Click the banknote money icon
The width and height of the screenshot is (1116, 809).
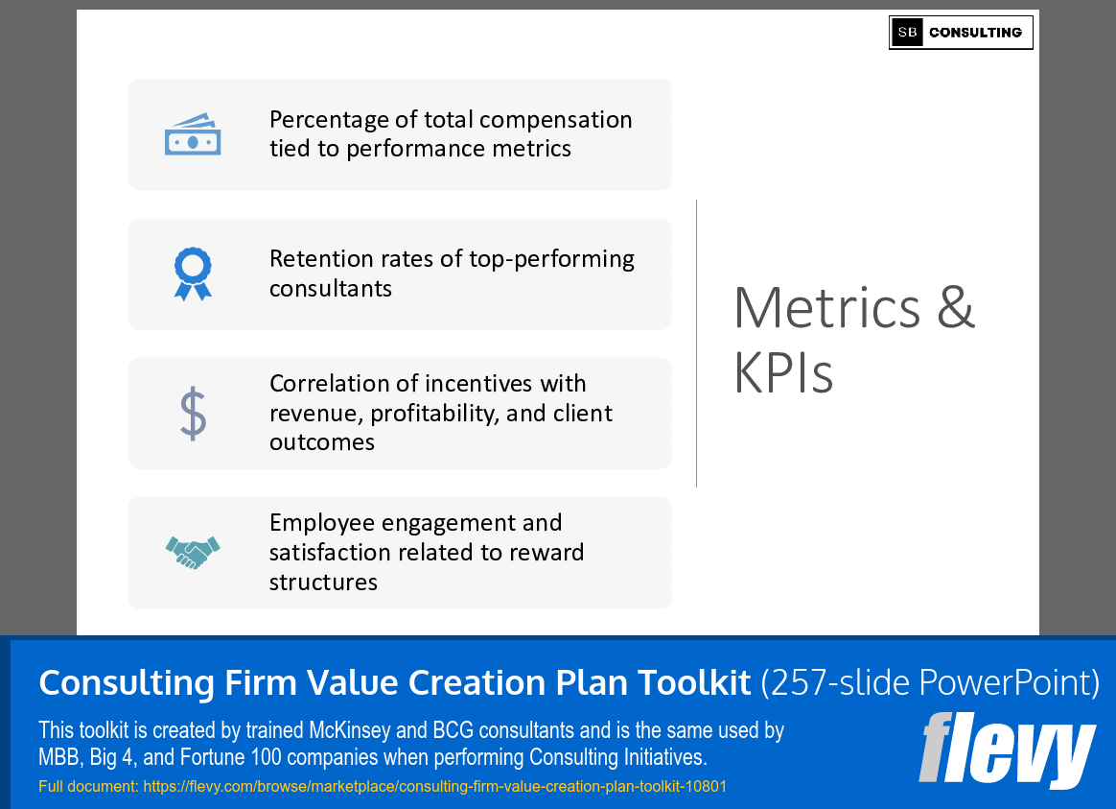pyautogui.click(x=193, y=134)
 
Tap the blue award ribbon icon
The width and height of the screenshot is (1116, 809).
pyautogui.click(x=193, y=274)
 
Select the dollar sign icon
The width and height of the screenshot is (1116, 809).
pyautogui.click(x=193, y=413)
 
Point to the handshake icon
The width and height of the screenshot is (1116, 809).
pyautogui.click(x=193, y=553)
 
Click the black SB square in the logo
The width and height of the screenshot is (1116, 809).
pyautogui.click(x=907, y=33)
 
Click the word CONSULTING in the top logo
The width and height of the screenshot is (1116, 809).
pyautogui.click(x=975, y=33)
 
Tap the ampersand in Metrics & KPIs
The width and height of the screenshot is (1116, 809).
pyautogui.click(x=955, y=308)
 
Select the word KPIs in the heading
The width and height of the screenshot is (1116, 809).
pyautogui.click(x=783, y=372)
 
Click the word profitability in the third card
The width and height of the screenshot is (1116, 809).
pyautogui.click(x=445, y=414)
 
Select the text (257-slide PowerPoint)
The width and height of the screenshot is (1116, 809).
pyautogui.click(x=929, y=682)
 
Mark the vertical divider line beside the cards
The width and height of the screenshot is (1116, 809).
pyautogui.click(x=696, y=343)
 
